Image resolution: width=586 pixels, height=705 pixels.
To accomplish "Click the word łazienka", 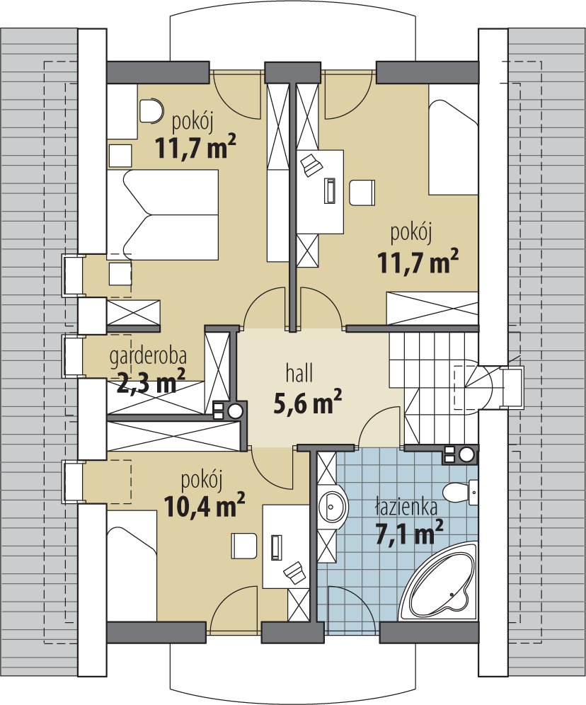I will point(406,506).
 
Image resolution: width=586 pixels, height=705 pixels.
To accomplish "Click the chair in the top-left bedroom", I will point(149,110).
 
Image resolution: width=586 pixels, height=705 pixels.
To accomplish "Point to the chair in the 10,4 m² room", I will point(244,546).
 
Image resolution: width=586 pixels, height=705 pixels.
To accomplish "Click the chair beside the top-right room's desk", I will point(361,193).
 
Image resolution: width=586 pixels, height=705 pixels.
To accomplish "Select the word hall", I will point(299,373).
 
